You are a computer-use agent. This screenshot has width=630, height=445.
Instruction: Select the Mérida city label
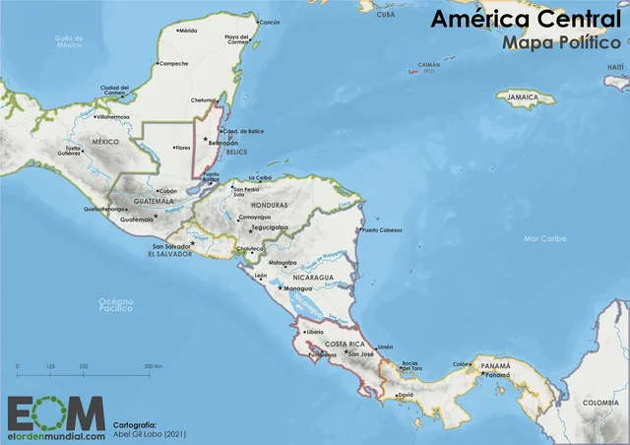pyautogui.click(x=187, y=31)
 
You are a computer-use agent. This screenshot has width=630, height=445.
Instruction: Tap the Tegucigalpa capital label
pyautogui.click(x=270, y=227)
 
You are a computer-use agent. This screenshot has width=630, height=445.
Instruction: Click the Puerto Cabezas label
pyautogui.click(x=383, y=230)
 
